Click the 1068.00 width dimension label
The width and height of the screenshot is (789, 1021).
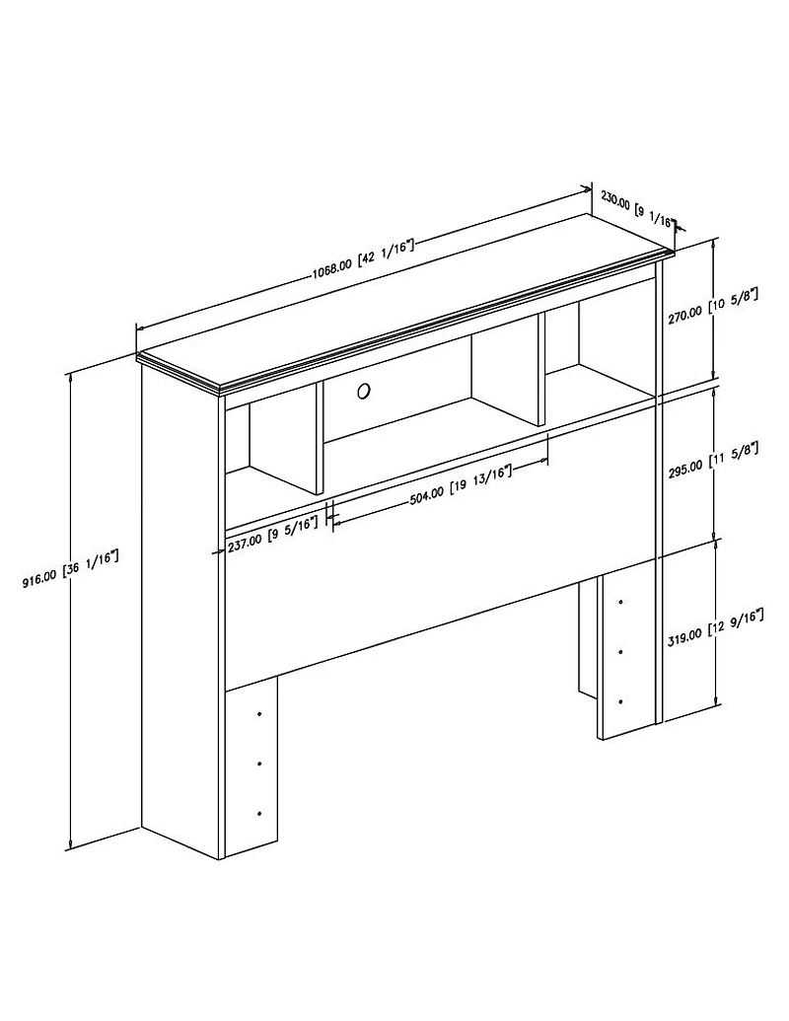tap(363, 258)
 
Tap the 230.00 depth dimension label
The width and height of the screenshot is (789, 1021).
tap(637, 209)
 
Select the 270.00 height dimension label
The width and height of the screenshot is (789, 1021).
tap(713, 306)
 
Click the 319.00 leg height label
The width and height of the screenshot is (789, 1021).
tap(715, 624)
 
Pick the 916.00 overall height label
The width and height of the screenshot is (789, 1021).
tap(70, 569)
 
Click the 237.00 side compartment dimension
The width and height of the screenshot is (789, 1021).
tap(273, 533)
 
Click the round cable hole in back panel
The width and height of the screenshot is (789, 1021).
tap(364, 392)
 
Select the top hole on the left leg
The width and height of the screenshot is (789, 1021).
tap(259, 714)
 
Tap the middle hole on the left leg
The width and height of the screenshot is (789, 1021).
tap(259, 764)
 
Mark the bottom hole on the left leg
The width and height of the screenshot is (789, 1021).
tap(259, 814)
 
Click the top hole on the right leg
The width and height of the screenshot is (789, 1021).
tap(621, 603)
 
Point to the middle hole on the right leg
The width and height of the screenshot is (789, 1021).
tap(621, 652)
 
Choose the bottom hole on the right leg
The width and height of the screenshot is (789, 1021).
tap(621, 702)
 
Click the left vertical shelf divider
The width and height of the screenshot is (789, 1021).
tap(319, 438)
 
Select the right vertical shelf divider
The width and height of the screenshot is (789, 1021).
tap(540, 369)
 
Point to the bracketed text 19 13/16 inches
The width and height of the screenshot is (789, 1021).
tap(480, 479)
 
